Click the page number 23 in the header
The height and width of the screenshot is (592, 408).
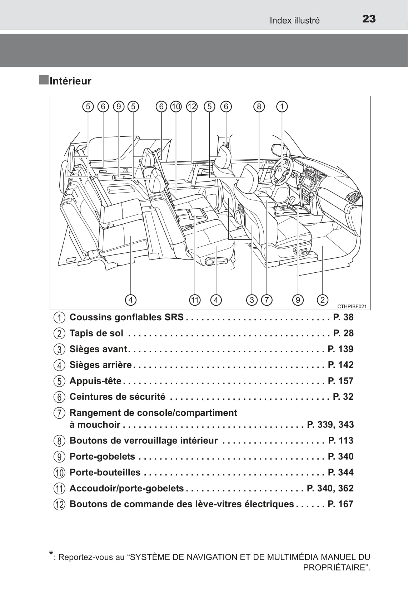[x=369, y=19]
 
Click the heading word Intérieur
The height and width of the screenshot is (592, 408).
[x=70, y=81]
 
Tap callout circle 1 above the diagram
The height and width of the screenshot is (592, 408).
[x=282, y=106]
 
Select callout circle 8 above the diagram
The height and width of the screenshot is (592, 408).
[x=259, y=106]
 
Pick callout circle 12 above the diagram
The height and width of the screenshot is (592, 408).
[x=192, y=106]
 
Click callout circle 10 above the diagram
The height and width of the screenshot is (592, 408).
[x=176, y=106]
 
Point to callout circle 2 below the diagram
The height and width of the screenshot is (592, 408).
[x=322, y=300]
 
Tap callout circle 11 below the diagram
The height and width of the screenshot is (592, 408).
[x=195, y=300]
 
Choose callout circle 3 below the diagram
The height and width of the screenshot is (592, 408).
[x=252, y=300]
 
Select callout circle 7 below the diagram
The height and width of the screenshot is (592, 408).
[x=267, y=300]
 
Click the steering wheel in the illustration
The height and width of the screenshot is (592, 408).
[x=282, y=171]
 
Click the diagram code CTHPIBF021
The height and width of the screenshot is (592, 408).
[x=352, y=306]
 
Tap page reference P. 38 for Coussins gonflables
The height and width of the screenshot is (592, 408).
[x=343, y=317]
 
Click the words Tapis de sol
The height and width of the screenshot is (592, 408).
[x=96, y=333]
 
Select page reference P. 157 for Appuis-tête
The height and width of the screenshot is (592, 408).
[x=340, y=381]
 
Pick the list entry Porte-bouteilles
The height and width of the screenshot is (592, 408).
[x=105, y=472]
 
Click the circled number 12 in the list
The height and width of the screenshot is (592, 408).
[x=60, y=505]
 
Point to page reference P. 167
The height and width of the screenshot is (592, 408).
[x=340, y=504]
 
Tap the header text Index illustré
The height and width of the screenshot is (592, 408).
[x=294, y=20]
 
